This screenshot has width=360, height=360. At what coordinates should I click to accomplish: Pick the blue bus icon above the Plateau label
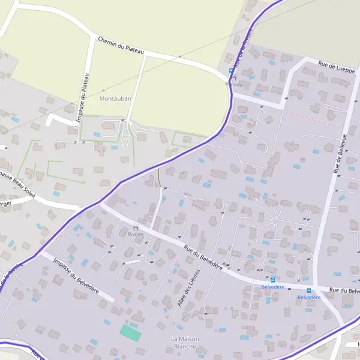pos(231,71)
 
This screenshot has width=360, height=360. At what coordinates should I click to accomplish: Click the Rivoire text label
pos(136,234)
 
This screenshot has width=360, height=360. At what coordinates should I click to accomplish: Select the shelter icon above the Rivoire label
pos(136,227)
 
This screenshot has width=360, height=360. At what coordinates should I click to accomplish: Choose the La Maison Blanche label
pos(185,343)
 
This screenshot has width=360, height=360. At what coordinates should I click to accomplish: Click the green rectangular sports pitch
pos(130,332)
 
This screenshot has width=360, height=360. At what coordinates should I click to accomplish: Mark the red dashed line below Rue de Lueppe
pos(312,118)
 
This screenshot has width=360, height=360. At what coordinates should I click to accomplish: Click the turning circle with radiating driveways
pos(275,221)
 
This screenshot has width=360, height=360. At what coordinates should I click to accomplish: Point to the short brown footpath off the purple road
pos(160,178)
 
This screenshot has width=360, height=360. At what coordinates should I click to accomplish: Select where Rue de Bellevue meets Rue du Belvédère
pos(314,284)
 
